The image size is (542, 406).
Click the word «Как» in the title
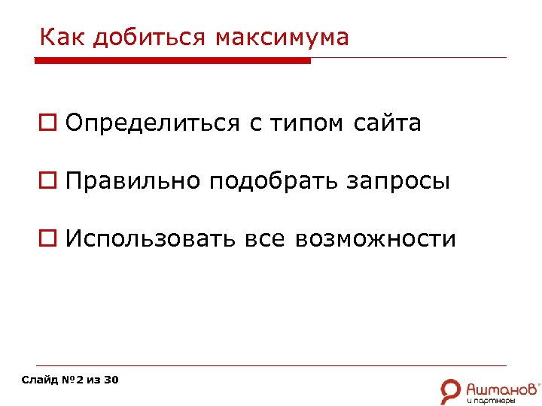58,37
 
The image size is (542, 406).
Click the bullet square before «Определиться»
47,123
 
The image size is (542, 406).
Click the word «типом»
308,123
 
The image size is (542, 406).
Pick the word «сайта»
387,123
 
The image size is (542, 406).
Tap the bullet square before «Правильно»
47,181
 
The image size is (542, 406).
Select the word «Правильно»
133,181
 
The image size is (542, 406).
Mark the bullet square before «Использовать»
47,239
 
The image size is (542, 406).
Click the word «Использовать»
151,239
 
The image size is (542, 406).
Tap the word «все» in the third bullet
265,239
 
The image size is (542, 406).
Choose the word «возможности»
376,239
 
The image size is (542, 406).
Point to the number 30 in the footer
111,380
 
